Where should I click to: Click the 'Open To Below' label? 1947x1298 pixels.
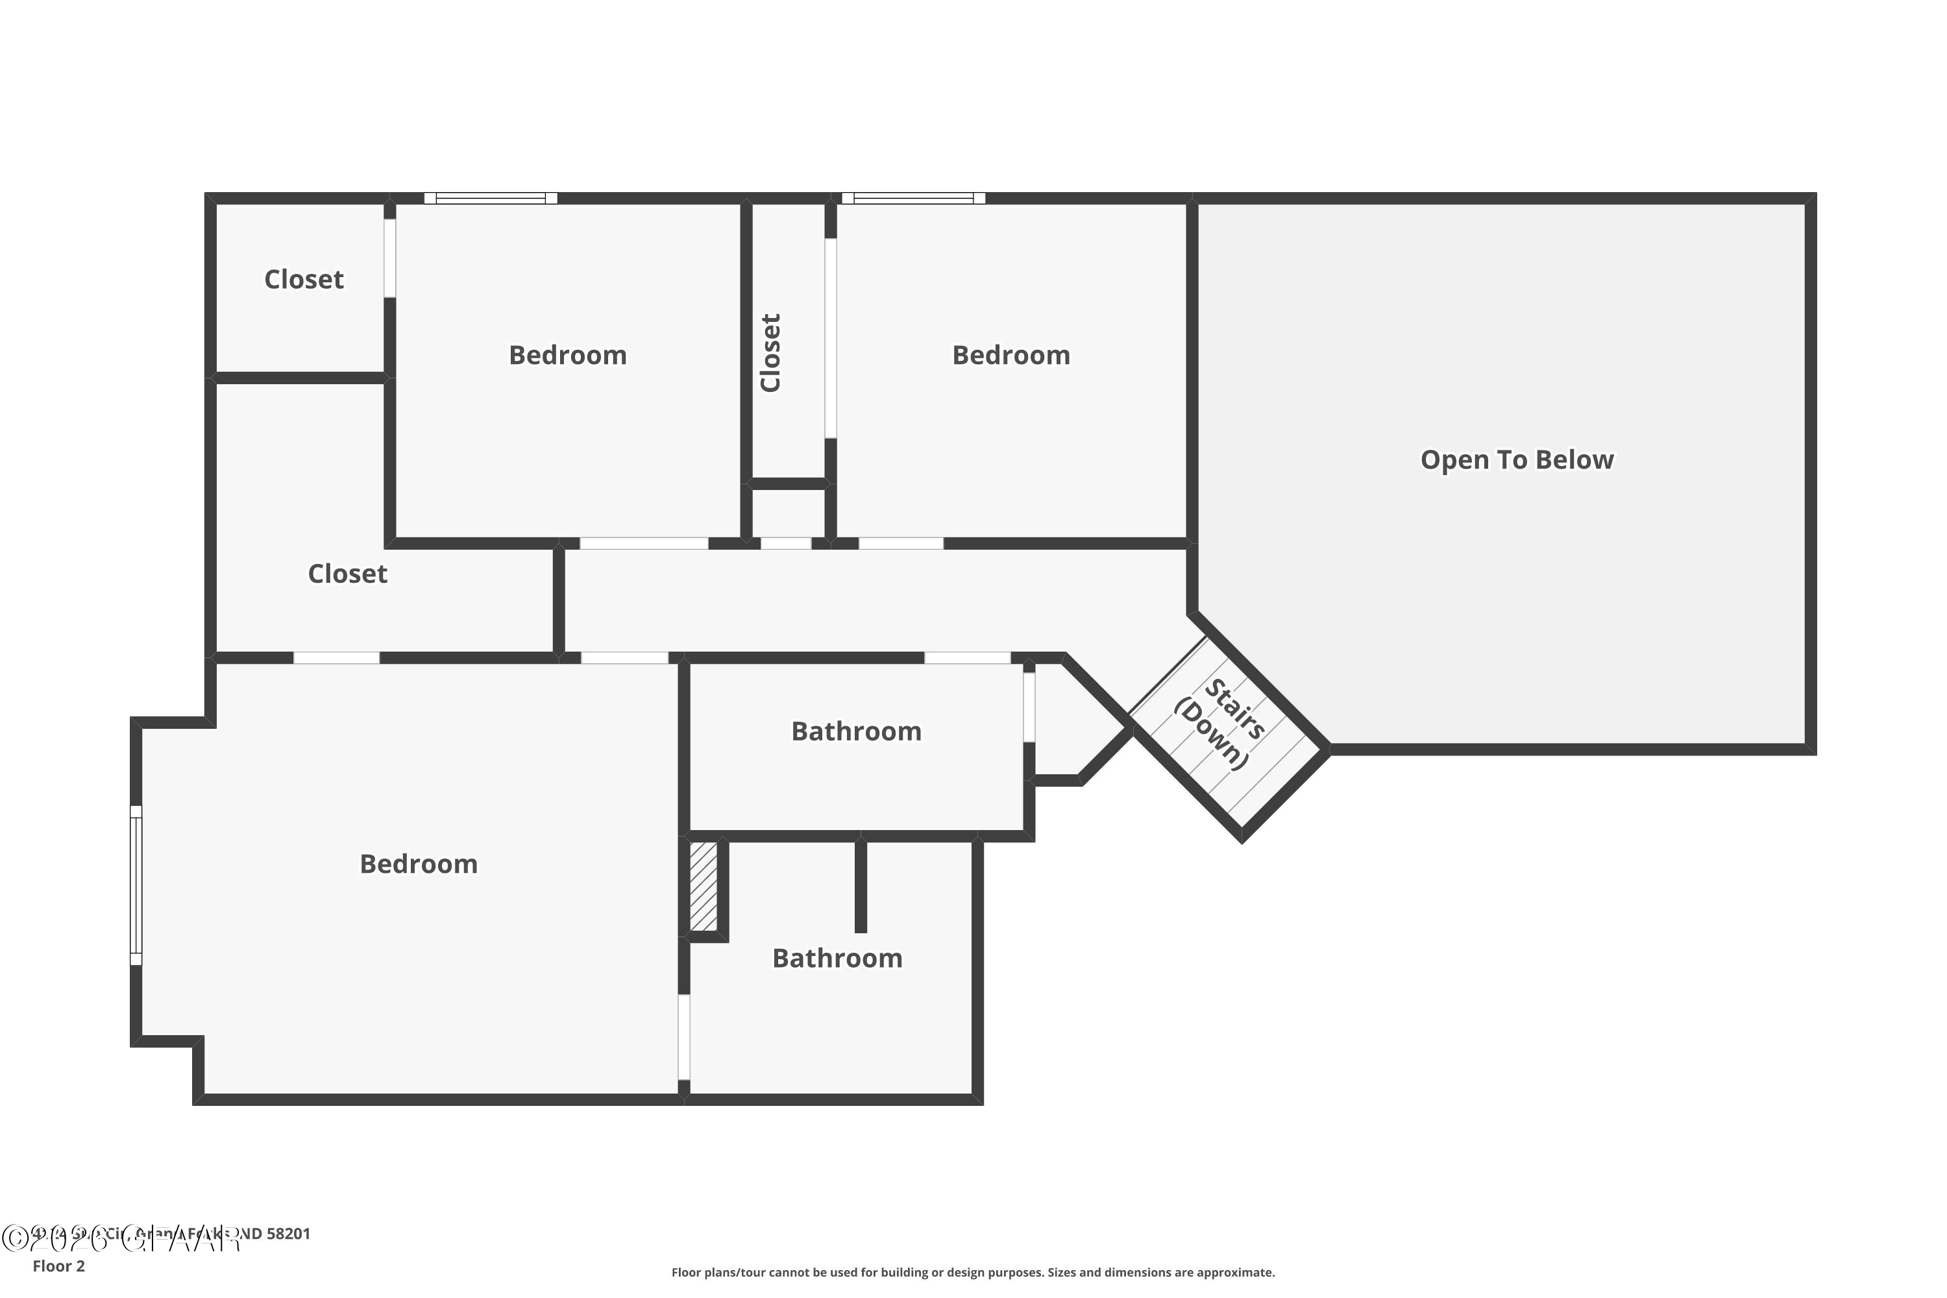point(1517,459)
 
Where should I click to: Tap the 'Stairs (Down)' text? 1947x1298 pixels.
point(1219,724)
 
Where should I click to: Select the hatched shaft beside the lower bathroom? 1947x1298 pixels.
point(703,886)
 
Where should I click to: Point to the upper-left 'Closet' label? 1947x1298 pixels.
point(304,280)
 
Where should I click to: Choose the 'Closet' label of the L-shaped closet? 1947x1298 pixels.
point(348,574)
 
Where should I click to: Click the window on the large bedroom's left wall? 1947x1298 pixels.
point(136,885)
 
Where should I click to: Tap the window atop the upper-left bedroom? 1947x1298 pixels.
point(491,198)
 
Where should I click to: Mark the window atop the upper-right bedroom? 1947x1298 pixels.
point(913,198)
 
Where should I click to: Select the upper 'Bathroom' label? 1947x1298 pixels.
point(856,731)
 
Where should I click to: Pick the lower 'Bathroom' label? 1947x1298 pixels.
point(837,958)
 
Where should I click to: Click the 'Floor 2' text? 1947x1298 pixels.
point(59,1266)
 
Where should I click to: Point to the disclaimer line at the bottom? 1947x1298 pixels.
point(973,1272)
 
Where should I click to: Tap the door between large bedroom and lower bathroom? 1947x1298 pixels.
point(684,1036)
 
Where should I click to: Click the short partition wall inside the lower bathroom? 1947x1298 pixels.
point(861,886)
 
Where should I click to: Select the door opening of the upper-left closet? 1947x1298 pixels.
point(389,258)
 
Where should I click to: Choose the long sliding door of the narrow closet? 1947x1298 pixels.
point(830,337)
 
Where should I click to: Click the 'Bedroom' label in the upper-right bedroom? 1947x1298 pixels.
point(1010,355)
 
